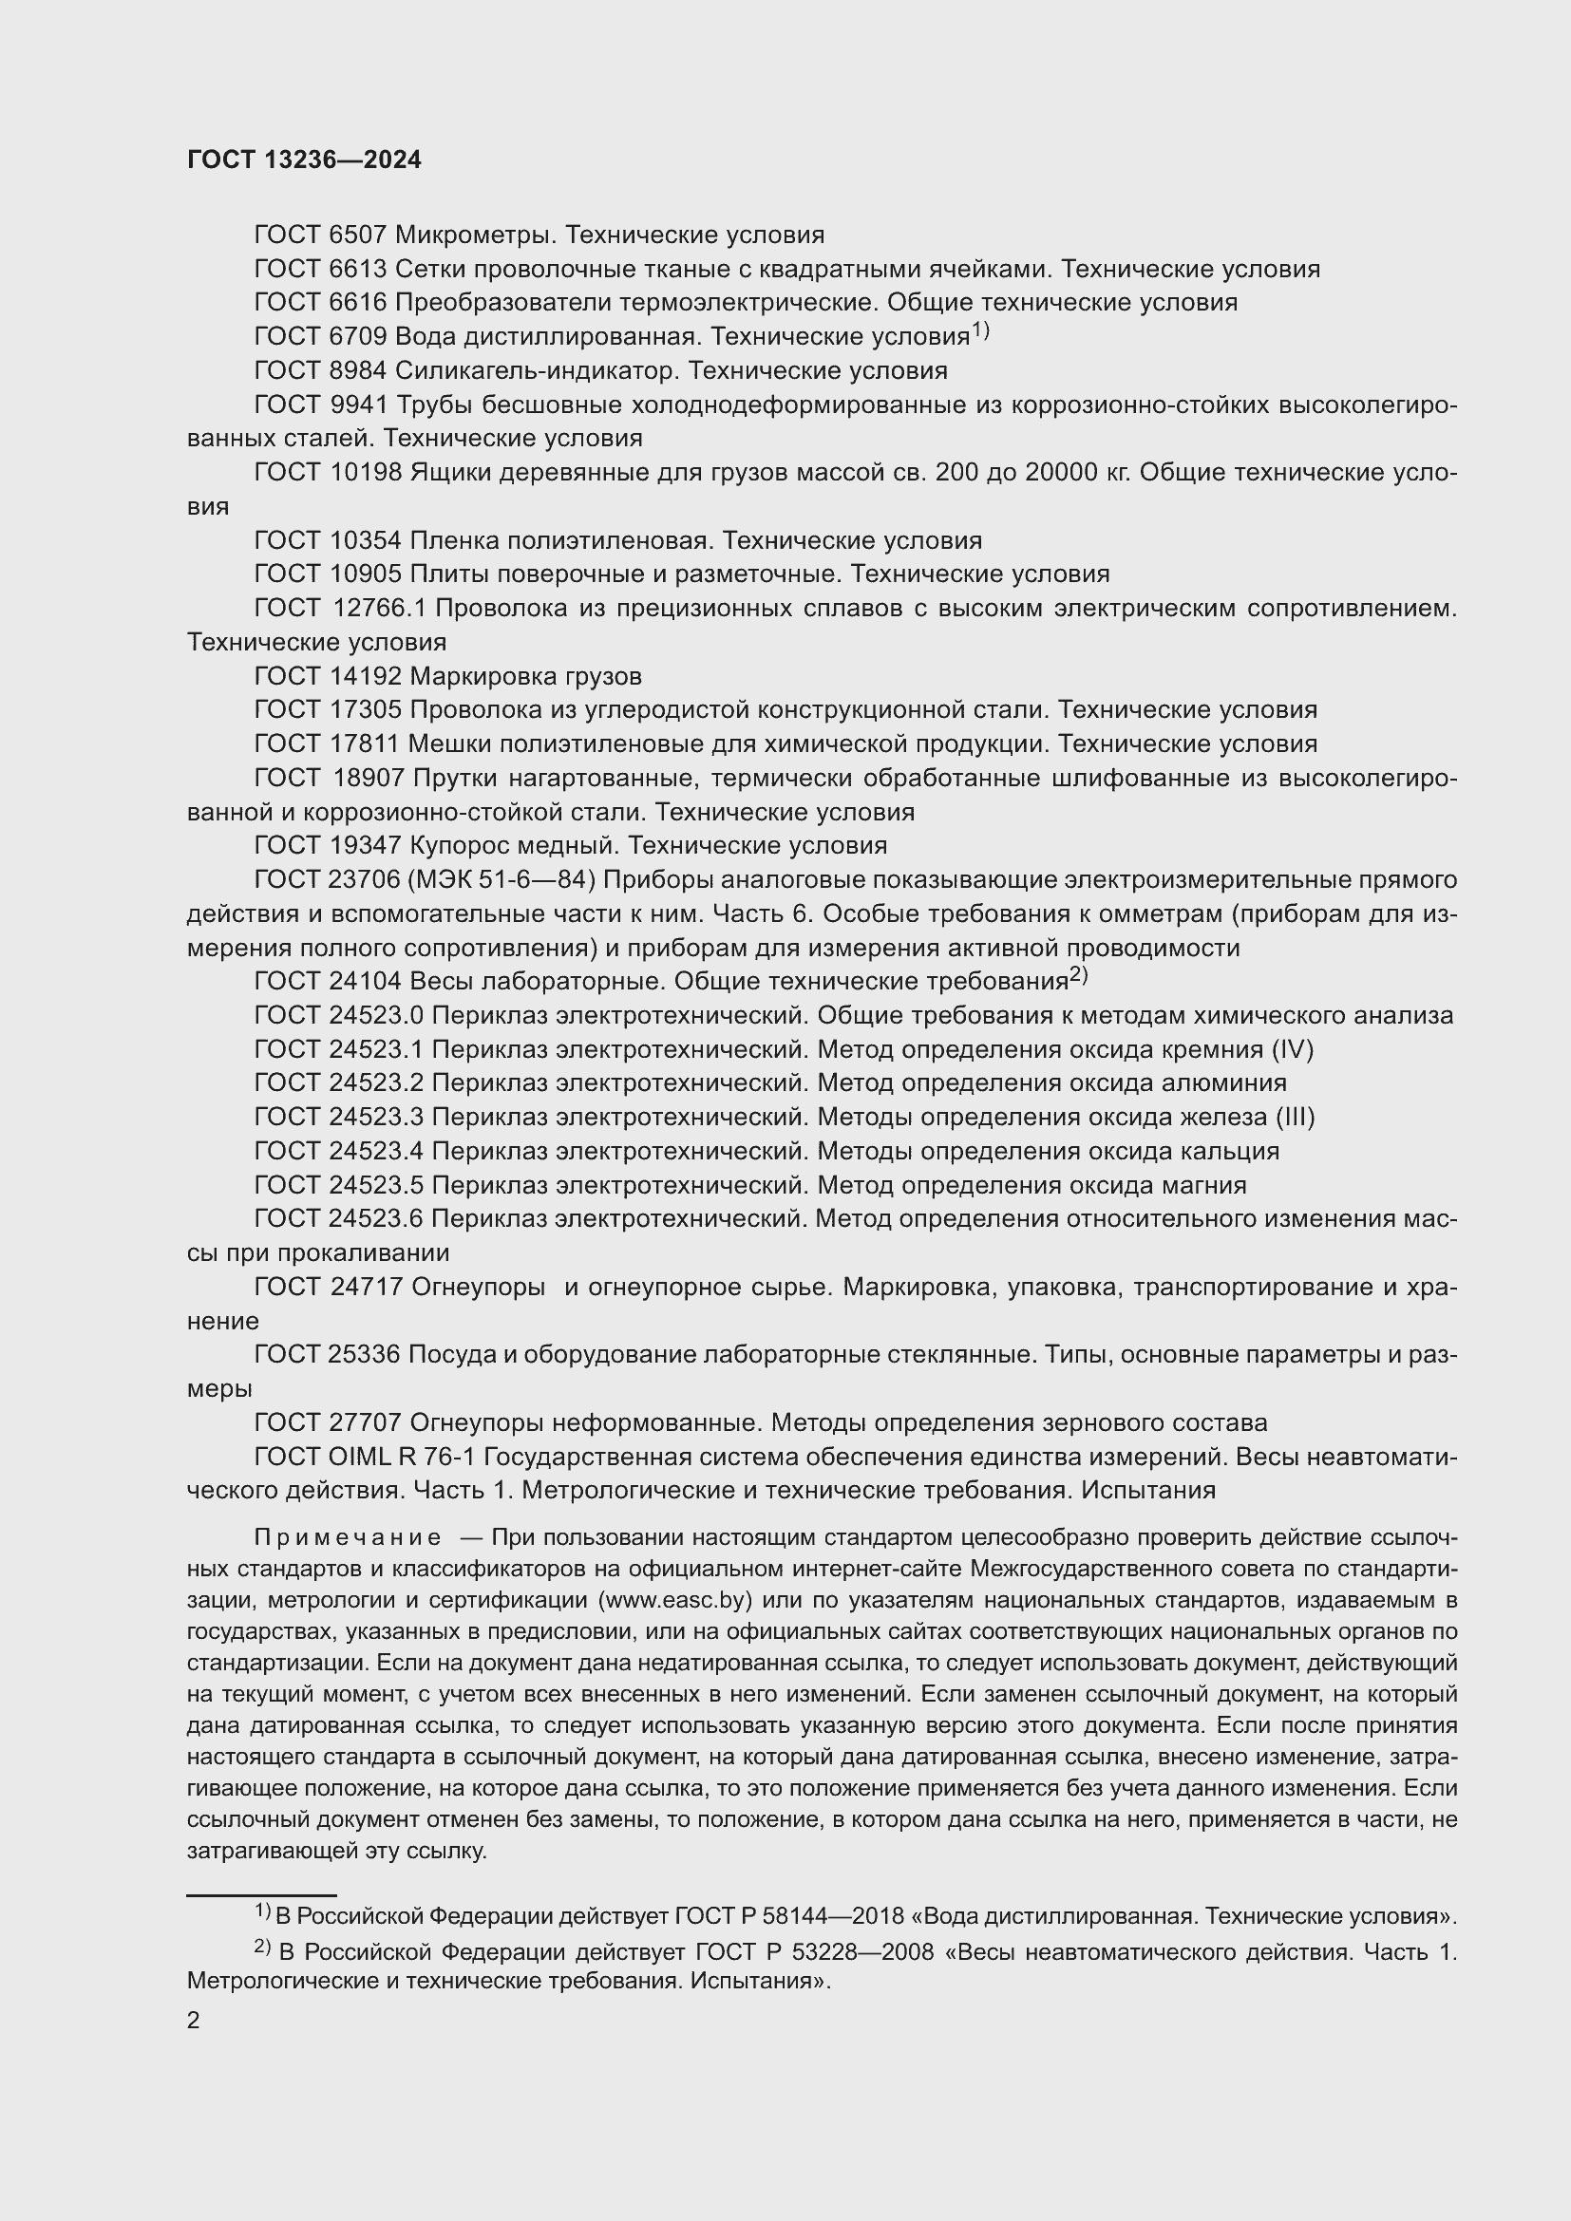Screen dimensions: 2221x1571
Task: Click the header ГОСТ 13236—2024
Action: pos(304,160)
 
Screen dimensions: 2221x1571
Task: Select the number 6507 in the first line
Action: pos(358,235)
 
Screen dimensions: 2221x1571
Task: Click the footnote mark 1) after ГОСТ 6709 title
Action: pos(980,330)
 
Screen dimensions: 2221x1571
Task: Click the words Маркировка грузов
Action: pos(525,676)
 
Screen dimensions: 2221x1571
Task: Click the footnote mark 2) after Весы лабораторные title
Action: pos(1079,976)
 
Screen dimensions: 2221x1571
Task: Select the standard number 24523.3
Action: pos(376,1118)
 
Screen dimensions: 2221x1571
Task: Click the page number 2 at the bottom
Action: pos(194,2021)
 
